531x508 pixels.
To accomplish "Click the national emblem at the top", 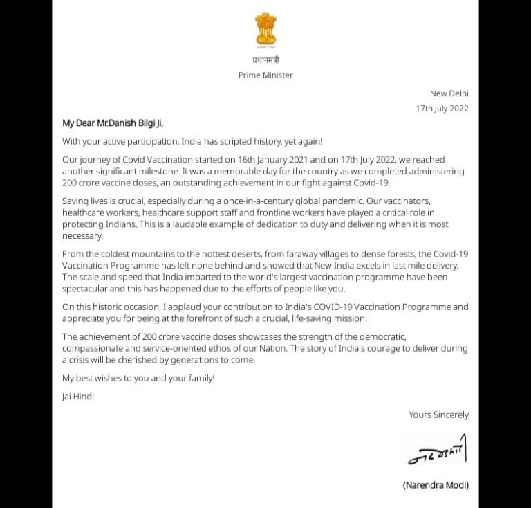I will [265, 30].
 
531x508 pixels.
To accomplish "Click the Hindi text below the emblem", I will [265, 60].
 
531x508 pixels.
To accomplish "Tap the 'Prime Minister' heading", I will [265, 75].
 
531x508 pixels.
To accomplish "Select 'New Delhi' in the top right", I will [449, 93].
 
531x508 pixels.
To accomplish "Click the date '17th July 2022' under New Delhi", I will [442, 109].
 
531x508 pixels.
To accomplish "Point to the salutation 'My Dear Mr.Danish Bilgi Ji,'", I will [113, 123].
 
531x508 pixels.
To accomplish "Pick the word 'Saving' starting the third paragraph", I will [76, 201].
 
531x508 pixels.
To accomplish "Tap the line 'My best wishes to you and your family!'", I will [138, 379].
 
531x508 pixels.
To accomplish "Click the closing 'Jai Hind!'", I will [78, 397].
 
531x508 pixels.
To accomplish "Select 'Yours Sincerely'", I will [438, 415].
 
